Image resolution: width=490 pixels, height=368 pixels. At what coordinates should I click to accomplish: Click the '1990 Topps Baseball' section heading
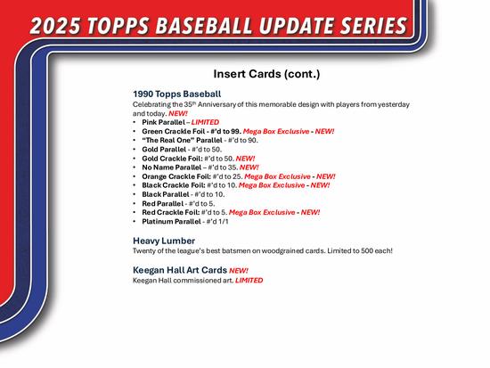pyautogui.click(x=176, y=93)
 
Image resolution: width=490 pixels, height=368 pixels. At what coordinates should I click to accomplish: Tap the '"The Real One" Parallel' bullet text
pyautogui.click(x=177, y=141)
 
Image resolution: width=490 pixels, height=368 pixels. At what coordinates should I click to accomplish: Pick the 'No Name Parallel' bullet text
pyautogui.click(x=172, y=168)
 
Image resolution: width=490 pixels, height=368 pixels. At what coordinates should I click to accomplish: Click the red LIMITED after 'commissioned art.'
pyautogui.click(x=249, y=280)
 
